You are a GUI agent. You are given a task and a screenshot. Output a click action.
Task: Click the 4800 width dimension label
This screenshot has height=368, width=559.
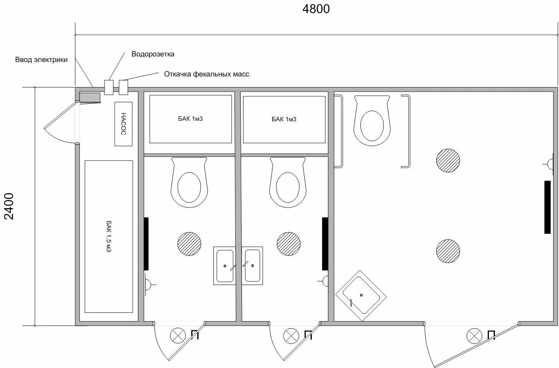coord(316,9)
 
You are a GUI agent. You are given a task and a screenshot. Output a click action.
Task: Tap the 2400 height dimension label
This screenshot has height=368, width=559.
coord(9,206)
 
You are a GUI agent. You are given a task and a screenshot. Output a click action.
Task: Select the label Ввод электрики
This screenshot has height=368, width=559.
coord(41,60)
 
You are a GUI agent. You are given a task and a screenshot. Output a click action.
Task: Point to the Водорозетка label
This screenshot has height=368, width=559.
coord(153,54)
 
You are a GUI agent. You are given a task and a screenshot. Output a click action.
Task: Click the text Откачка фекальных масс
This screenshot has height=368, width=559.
coord(206,74)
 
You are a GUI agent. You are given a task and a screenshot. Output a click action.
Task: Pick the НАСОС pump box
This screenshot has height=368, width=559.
coord(123,124)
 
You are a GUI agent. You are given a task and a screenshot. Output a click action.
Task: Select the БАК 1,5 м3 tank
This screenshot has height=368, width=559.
coord(109,236)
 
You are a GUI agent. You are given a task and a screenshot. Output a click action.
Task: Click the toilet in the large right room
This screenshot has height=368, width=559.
coord(372,120)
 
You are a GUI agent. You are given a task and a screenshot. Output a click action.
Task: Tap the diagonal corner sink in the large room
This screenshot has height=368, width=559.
coord(361,295)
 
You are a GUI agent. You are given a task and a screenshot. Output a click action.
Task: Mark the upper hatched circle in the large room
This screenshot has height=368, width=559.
coord(448,160)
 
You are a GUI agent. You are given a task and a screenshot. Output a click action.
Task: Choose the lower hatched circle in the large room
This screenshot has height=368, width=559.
coord(448,251)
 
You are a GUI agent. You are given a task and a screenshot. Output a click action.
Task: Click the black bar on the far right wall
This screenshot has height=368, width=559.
coord(547,207)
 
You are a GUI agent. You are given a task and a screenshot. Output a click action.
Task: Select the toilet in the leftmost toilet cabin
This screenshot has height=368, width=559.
coord(189,182)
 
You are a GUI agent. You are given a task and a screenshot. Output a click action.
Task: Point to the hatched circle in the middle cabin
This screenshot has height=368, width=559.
coord(288,244)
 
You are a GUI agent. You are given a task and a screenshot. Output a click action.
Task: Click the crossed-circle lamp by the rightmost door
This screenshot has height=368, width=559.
coord(474,335)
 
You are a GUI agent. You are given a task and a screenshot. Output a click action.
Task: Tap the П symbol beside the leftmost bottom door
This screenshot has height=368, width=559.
coord(195,335)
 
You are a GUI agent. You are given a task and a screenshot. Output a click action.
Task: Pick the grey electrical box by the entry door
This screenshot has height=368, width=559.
coord(90,97)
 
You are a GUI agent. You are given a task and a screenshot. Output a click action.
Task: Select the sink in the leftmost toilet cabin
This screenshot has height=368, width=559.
coord(225,266)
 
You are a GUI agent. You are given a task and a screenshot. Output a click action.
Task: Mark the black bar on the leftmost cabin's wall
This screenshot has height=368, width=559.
coord(146,244)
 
